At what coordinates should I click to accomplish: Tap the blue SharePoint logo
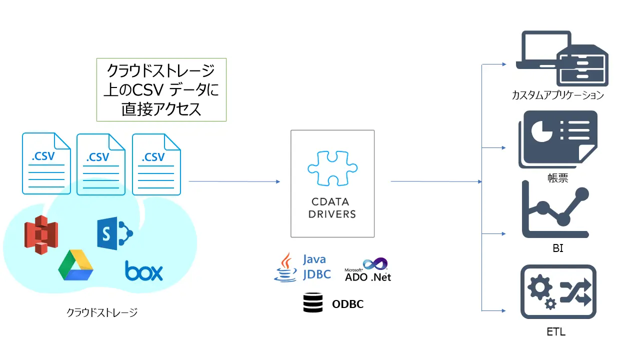pyautogui.click(x=114, y=233)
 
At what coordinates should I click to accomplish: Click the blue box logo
pyautogui.click(x=144, y=271)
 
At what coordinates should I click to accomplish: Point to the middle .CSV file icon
pyautogui.click(x=100, y=163)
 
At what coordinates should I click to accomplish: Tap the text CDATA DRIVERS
pyautogui.click(x=332, y=208)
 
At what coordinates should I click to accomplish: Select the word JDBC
pyautogui.click(x=317, y=274)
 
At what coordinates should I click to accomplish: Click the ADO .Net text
pyautogui.click(x=368, y=276)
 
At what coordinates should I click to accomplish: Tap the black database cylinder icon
pyautogui.click(x=312, y=303)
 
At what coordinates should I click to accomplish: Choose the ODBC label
pyautogui.click(x=347, y=304)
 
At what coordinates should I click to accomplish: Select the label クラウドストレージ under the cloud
pyautogui.click(x=102, y=312)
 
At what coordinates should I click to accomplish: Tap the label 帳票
pyautogui.click(x=557, y=178)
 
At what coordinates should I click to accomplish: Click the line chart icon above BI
pyautogui.click(x=555, y=210)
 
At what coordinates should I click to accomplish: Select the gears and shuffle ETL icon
pyautogui.click(x=558, y=292)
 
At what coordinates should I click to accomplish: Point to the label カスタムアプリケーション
pyautogui.click(x=557, y=95)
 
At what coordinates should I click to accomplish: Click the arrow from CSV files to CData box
pyautogui.click(x=234, y=181)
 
